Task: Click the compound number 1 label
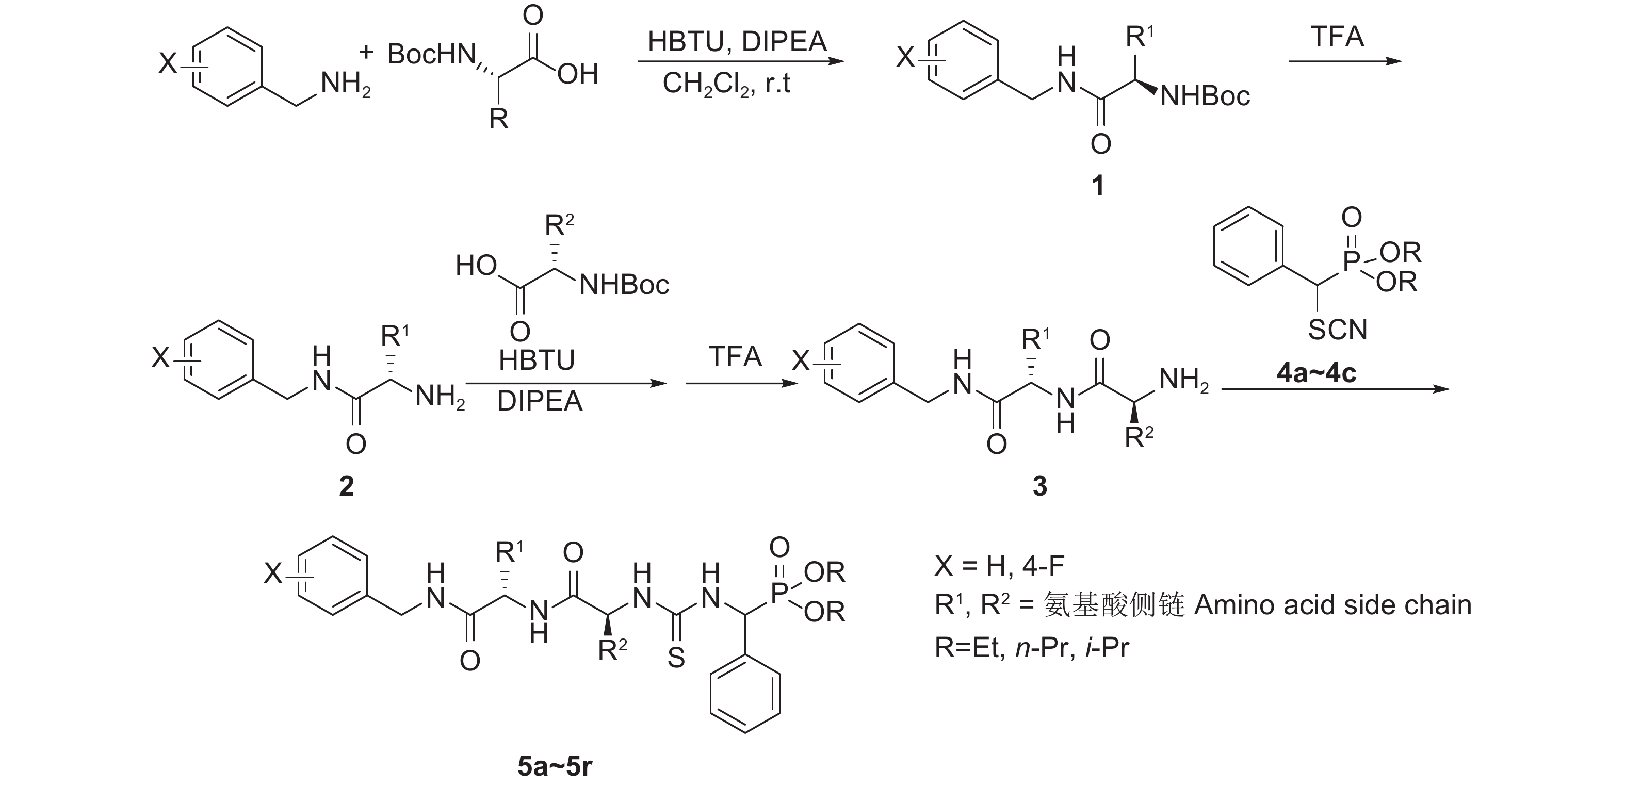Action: point(1098,185)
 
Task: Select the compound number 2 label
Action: point(346,486)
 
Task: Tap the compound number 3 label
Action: point(1039,486)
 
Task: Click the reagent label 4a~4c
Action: point(1316,373)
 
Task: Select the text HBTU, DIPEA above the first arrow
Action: point(737,42)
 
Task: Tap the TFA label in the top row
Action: point(1337,37)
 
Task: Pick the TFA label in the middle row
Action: point(735,357)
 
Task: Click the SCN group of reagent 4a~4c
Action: point(1337,330)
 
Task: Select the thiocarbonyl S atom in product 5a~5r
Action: point(676,659)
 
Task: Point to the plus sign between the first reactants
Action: point(366,52)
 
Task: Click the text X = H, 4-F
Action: point(999,566)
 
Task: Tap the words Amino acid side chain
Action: point(1333,605)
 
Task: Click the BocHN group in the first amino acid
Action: point(431,55)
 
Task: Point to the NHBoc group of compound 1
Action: point(1205,96)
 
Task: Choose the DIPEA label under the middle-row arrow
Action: point(540,402)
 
